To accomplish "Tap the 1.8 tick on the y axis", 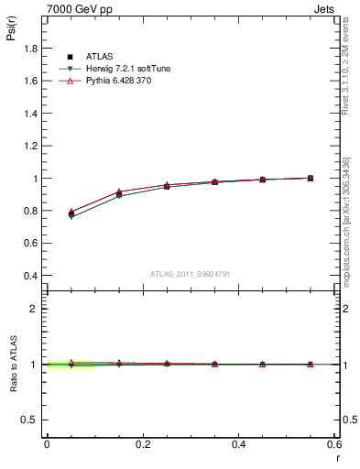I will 30,49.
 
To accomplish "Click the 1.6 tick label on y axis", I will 30,81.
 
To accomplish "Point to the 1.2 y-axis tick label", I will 30,147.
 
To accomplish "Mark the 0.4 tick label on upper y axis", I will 30,276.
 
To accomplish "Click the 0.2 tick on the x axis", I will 142,443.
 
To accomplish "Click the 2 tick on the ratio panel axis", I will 36,309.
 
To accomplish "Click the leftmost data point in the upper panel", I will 71,213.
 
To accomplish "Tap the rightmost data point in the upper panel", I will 311,178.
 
